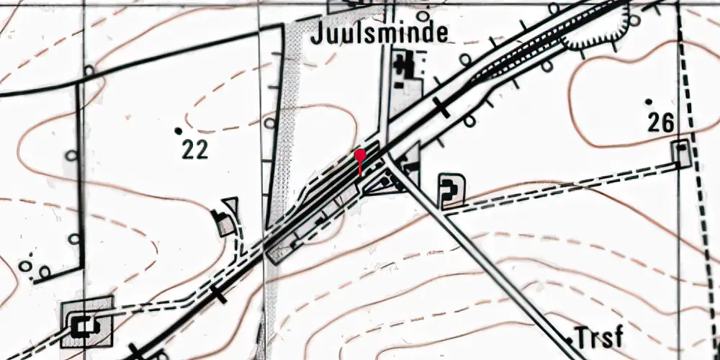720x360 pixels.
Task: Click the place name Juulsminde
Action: (379, 33)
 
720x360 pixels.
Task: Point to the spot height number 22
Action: (194, 149)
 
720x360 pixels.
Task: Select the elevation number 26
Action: (660, 123)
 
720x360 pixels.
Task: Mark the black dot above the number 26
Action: (649, 102)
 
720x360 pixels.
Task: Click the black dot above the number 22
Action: (178, 130)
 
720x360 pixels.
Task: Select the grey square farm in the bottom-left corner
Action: (88, 322)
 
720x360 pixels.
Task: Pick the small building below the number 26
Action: (681, 152)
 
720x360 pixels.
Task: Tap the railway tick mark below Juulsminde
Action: (441, 109)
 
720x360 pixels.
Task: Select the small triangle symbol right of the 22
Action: (230, 205)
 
